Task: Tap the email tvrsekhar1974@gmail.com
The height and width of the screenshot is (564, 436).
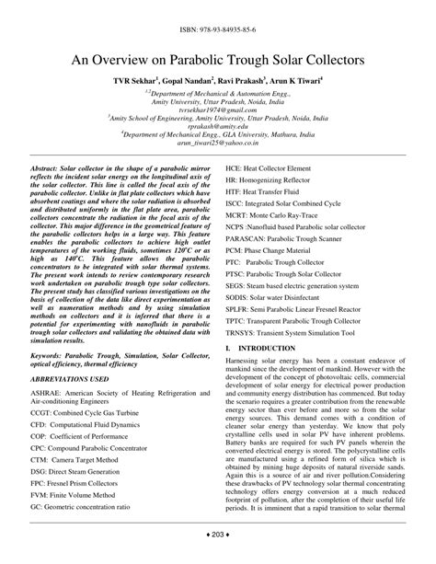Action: (217, 108)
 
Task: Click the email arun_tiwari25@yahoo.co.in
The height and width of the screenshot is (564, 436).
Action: (217, 144)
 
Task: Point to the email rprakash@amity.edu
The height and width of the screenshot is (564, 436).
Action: (217, 126)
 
